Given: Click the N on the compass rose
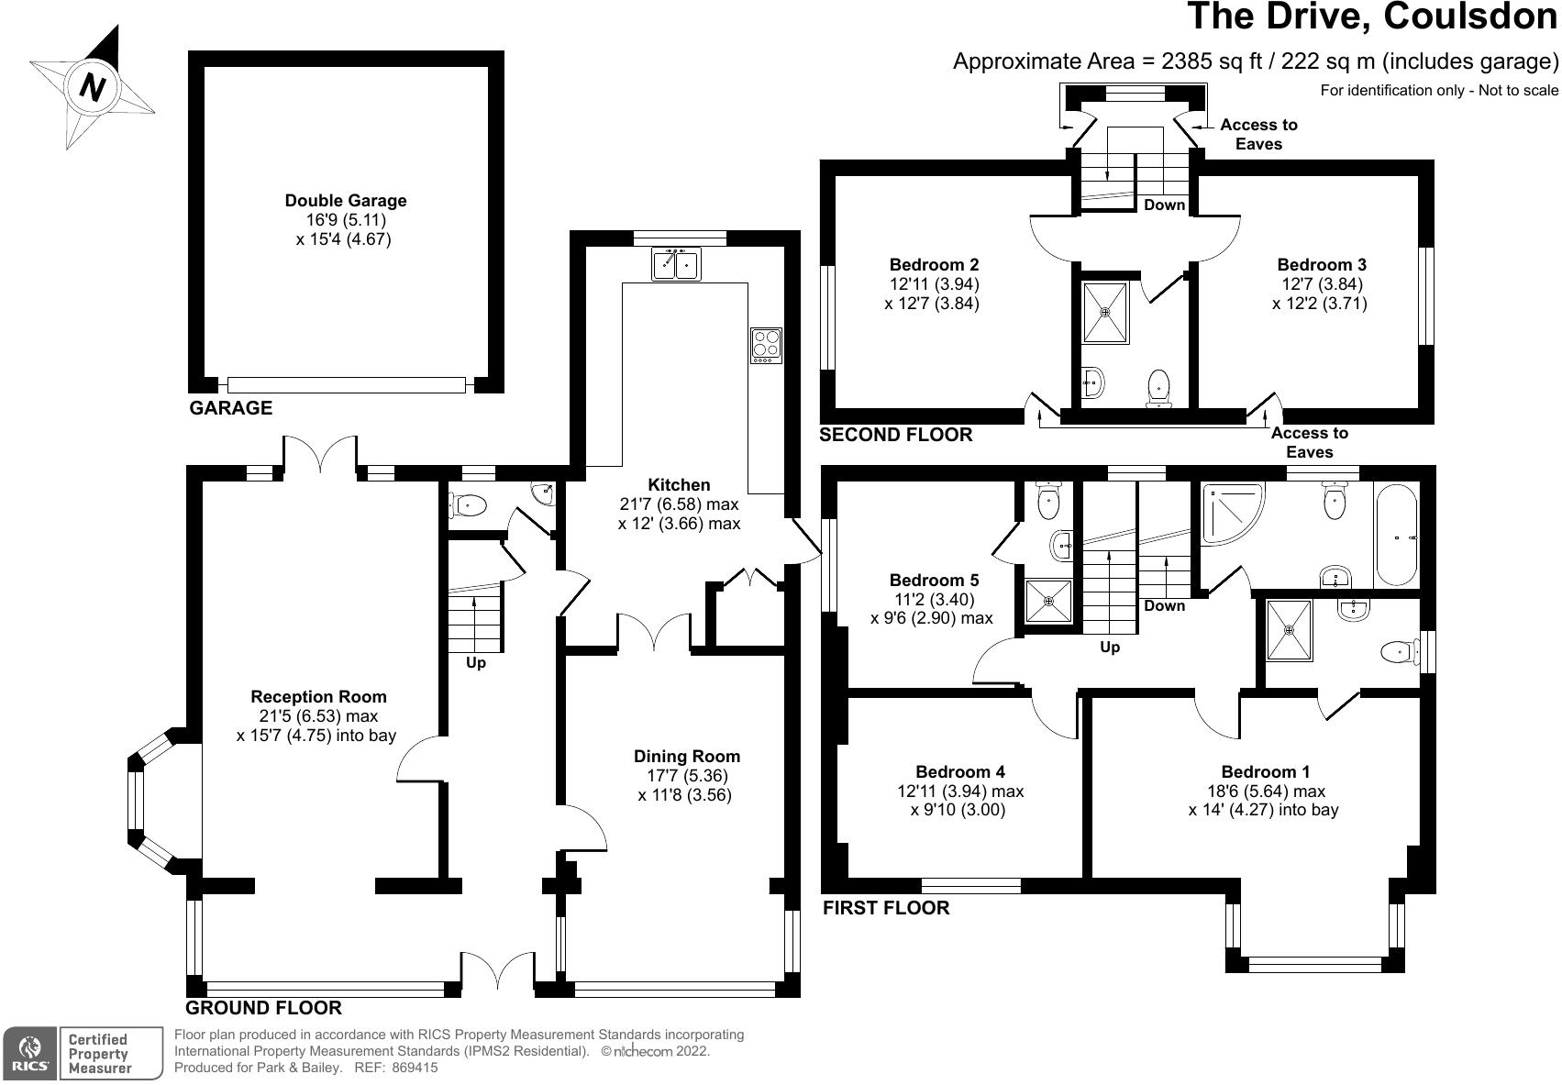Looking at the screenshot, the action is pos(92,88).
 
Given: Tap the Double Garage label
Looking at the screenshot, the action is pos(345,201).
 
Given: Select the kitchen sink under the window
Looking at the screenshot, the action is pos(676,263).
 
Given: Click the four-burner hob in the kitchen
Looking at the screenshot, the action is pos(766,345).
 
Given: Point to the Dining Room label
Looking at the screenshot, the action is pos(686,756).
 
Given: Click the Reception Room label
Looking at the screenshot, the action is pos(318,697).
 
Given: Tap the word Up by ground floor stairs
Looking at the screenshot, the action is pos(476,662).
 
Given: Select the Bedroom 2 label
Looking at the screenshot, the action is pos(934,265).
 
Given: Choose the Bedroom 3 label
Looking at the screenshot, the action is pos(1322,265).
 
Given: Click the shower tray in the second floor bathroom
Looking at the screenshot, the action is pos(1104,313).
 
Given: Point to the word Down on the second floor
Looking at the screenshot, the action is pos(1164,205).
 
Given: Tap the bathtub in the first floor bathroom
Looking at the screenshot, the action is pos(1397,535).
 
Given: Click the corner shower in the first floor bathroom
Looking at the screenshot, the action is pos(1230,514).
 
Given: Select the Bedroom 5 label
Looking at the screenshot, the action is pos(934,581).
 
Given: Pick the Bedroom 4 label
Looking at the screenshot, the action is pos(959,772).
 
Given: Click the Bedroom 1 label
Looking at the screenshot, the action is pos(1265,772).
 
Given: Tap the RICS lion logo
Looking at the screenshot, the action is pos(29,1054).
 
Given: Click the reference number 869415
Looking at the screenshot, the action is pos(415,1068).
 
